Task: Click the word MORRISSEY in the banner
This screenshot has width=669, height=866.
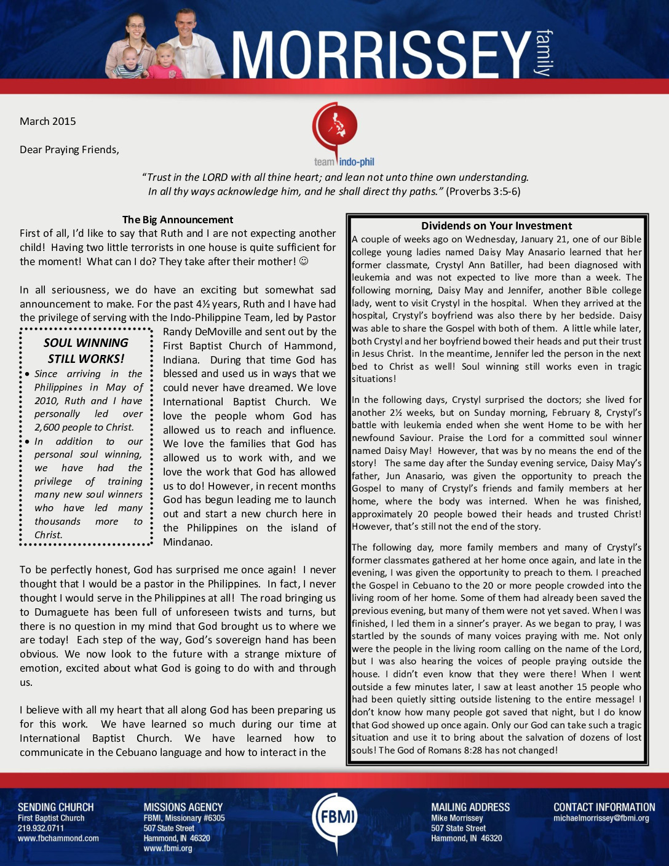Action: click(381, 55)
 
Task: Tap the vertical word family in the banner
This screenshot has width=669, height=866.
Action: click(544, 52)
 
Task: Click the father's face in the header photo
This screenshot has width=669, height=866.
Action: click(186, 26)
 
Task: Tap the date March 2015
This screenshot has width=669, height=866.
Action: click(48, 121)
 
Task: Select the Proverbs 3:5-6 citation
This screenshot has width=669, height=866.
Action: click(483, 191)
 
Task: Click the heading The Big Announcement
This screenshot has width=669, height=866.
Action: click(178, 220)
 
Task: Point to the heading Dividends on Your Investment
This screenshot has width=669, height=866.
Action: click(496, 226)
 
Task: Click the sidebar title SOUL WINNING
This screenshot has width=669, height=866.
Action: click(86, 343)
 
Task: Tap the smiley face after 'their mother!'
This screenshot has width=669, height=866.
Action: click(304, 261)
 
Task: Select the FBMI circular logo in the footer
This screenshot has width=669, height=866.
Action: click(334, 817)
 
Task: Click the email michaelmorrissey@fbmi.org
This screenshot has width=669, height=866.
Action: click(601, 818)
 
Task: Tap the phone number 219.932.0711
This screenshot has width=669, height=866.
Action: click(41, 828)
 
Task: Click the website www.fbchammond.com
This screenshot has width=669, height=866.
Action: click(58, 838)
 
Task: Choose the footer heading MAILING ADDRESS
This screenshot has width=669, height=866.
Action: click(470, 807)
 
